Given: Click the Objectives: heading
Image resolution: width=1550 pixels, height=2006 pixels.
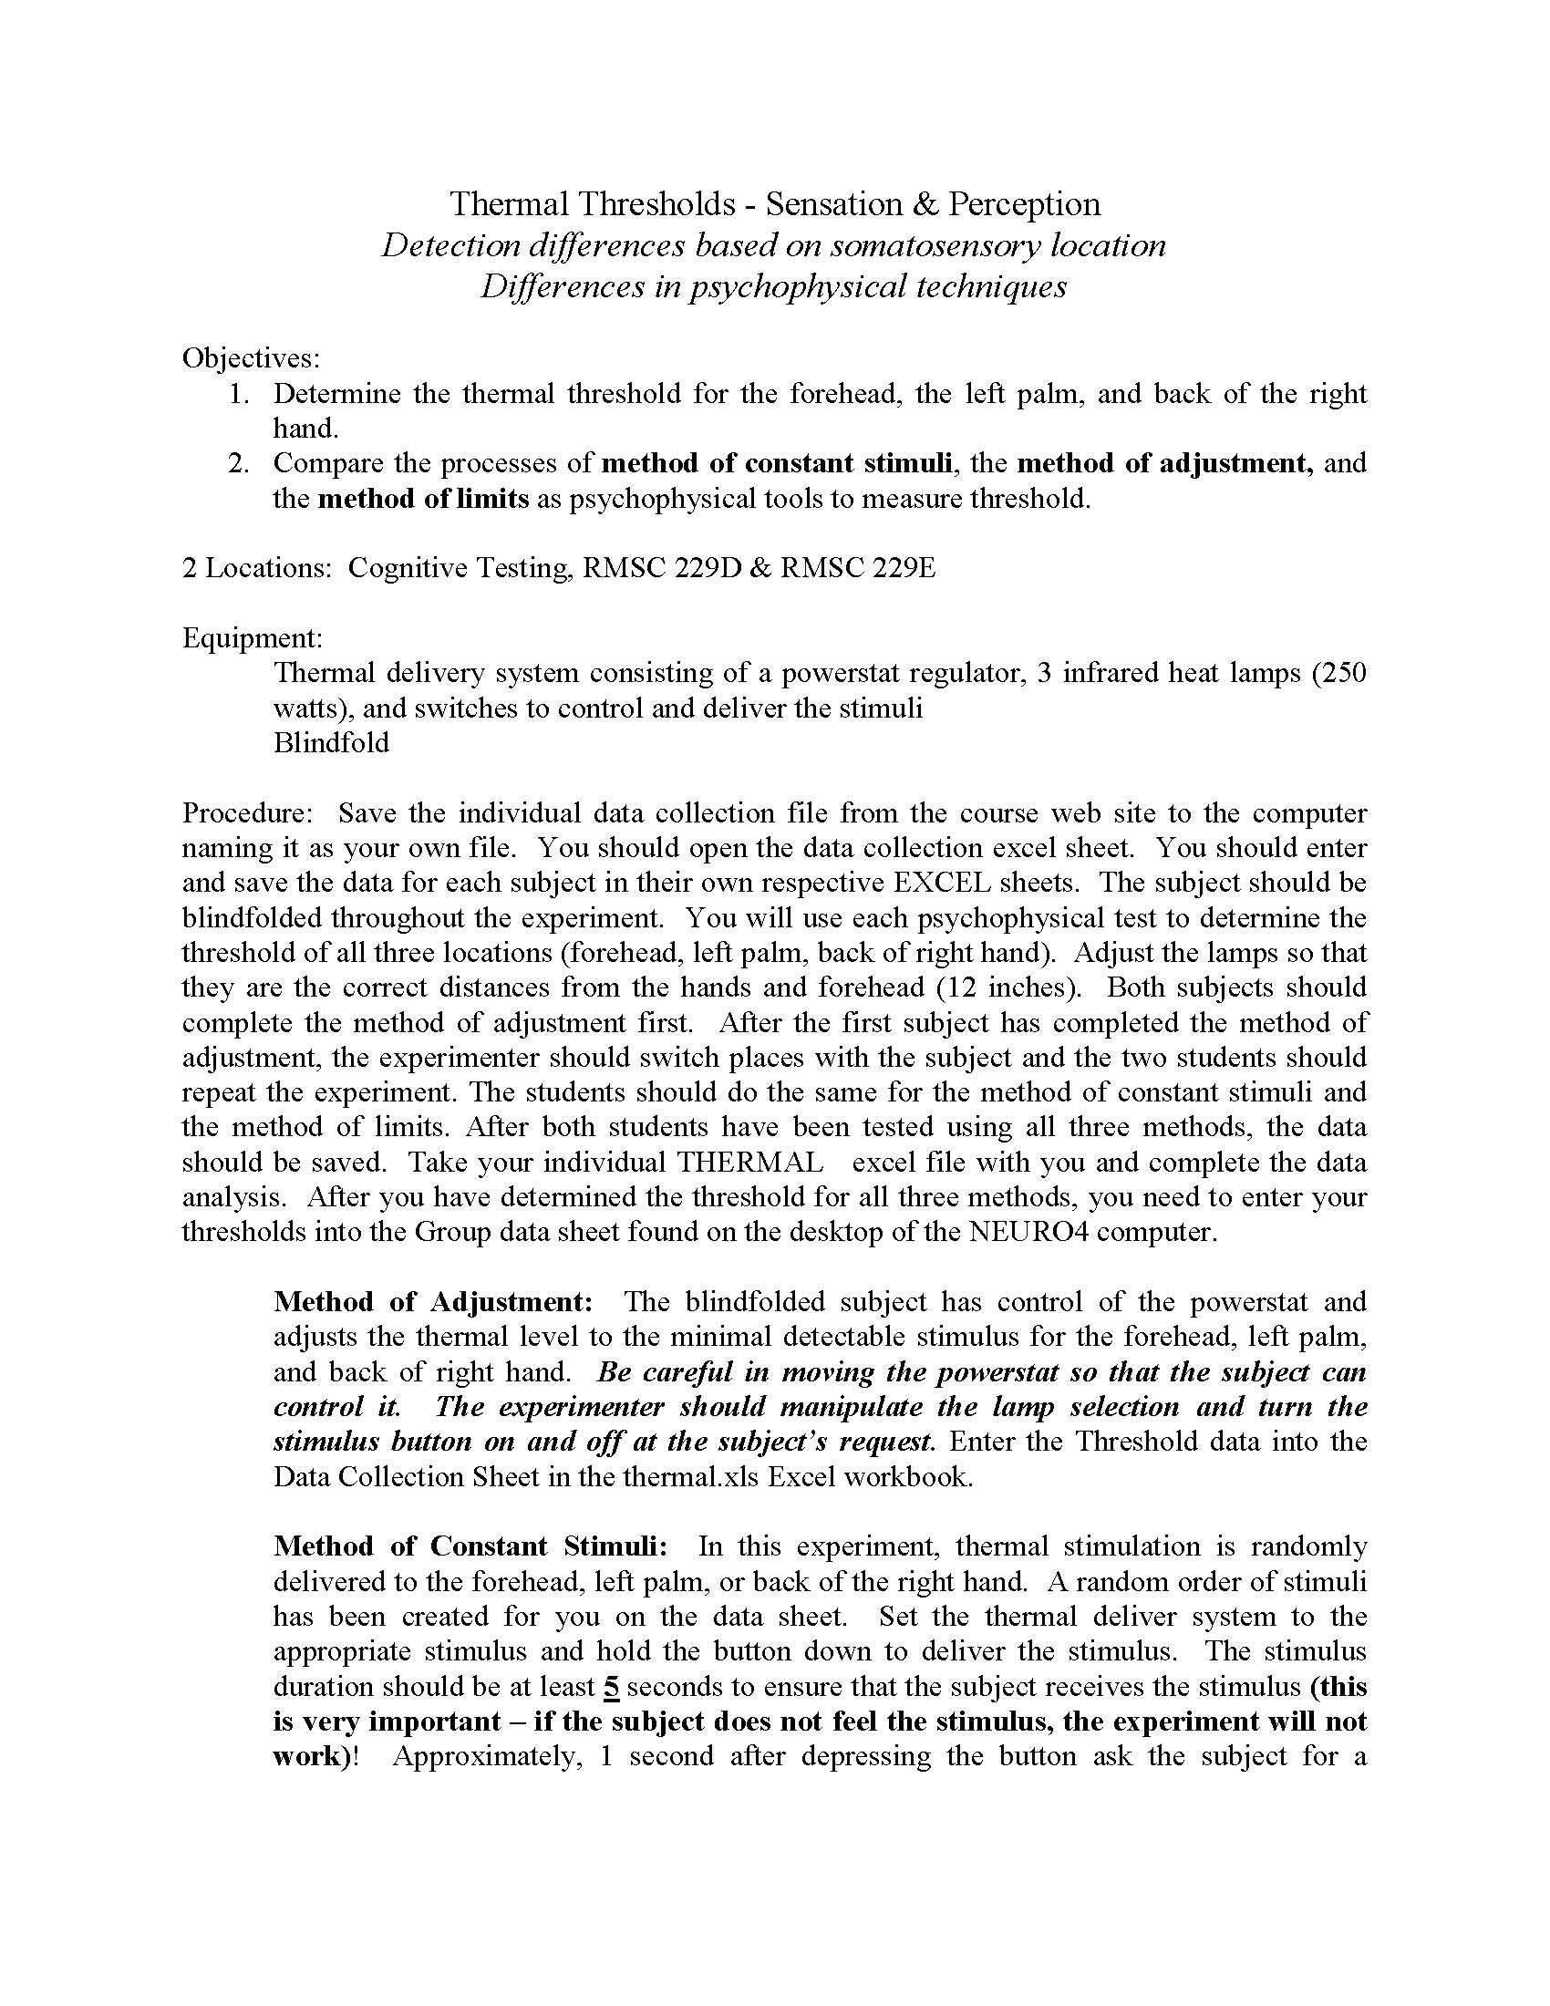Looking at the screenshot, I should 251,357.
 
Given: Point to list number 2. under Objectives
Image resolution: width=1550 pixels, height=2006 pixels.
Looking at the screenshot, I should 239,463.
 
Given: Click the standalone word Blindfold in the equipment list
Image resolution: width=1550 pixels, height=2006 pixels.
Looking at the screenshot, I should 331,742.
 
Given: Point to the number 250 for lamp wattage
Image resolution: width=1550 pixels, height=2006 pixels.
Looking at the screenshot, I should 1339,673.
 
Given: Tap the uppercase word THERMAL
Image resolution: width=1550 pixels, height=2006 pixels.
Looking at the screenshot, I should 749,1162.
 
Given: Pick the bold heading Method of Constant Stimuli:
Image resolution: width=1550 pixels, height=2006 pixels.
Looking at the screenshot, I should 471,1546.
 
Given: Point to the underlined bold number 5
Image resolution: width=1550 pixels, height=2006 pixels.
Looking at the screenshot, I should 612,1686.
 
